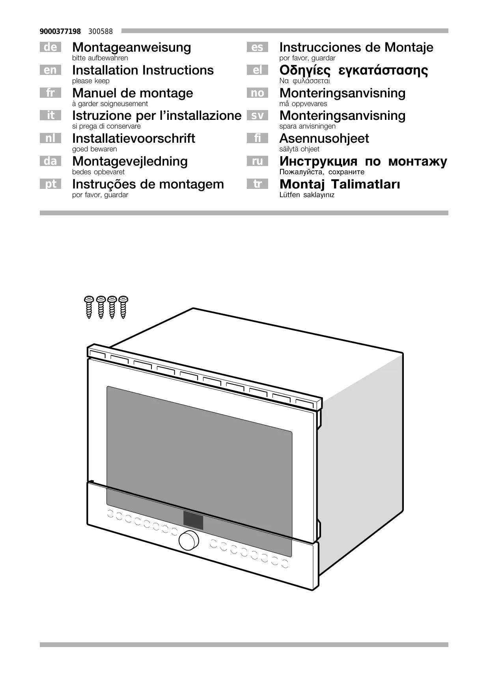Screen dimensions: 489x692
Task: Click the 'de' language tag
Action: pos(50,47)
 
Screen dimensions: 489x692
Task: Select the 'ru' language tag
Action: pos(257,161)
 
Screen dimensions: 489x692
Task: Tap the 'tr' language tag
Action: pos(257,184)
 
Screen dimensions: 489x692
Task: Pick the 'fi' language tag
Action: pos(257,138)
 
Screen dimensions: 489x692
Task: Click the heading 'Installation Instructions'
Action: pos(143,70)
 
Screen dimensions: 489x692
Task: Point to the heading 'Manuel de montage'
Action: pos(133,93)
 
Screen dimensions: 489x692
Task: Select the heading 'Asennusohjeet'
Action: pos(324,138)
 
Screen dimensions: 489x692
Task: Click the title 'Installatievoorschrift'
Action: pos(134,138)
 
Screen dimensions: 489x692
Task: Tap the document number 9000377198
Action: pos(60,31)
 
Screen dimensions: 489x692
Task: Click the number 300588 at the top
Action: pos(101,31)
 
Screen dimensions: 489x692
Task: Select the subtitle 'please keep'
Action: pos(91,81)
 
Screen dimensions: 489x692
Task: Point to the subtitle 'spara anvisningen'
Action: pos(307,126)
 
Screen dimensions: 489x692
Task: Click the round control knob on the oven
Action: pos(189,541)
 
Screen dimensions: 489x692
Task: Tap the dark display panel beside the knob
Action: pos(193,520)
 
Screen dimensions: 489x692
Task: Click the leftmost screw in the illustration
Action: pos(89,307)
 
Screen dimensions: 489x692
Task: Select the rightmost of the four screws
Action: pos(124,307)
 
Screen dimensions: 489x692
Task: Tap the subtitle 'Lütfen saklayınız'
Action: pos(307,195)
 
